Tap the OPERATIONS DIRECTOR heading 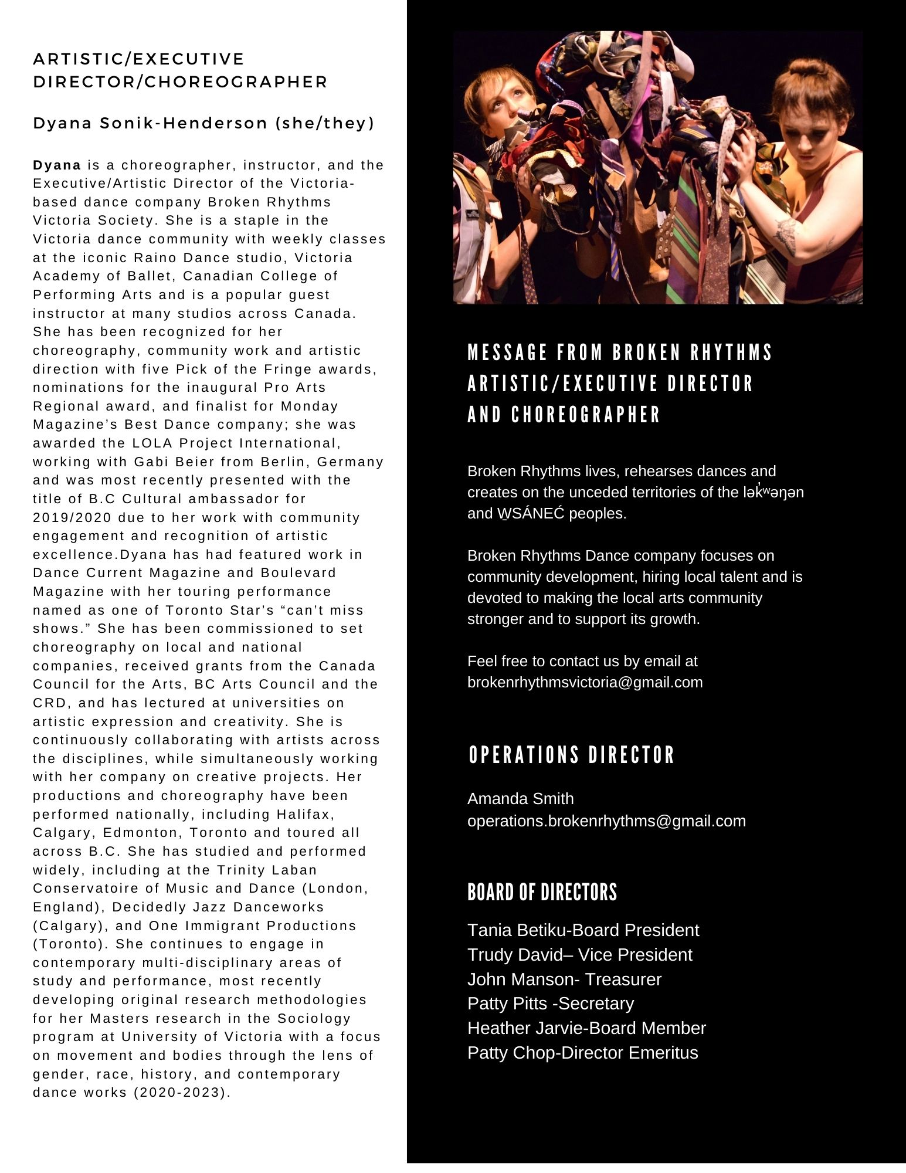click(x=572, y=755)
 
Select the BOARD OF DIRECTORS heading click(x=542, y=892)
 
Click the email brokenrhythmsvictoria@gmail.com click(x=585, y=683)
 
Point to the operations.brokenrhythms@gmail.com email click(x=606, y=821)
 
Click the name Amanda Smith click(x=521, y=799)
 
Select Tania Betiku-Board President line click(x=583, y=930)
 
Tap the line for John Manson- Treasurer click(x=564, y=979)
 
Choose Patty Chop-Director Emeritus click(x=582, y=1053)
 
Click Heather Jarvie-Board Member click(x=586, y=1028)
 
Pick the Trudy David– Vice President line click(x=579, y=955)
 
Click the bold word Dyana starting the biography click(x=57, y=165)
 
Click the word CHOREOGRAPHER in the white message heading click(x=586, y=415)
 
